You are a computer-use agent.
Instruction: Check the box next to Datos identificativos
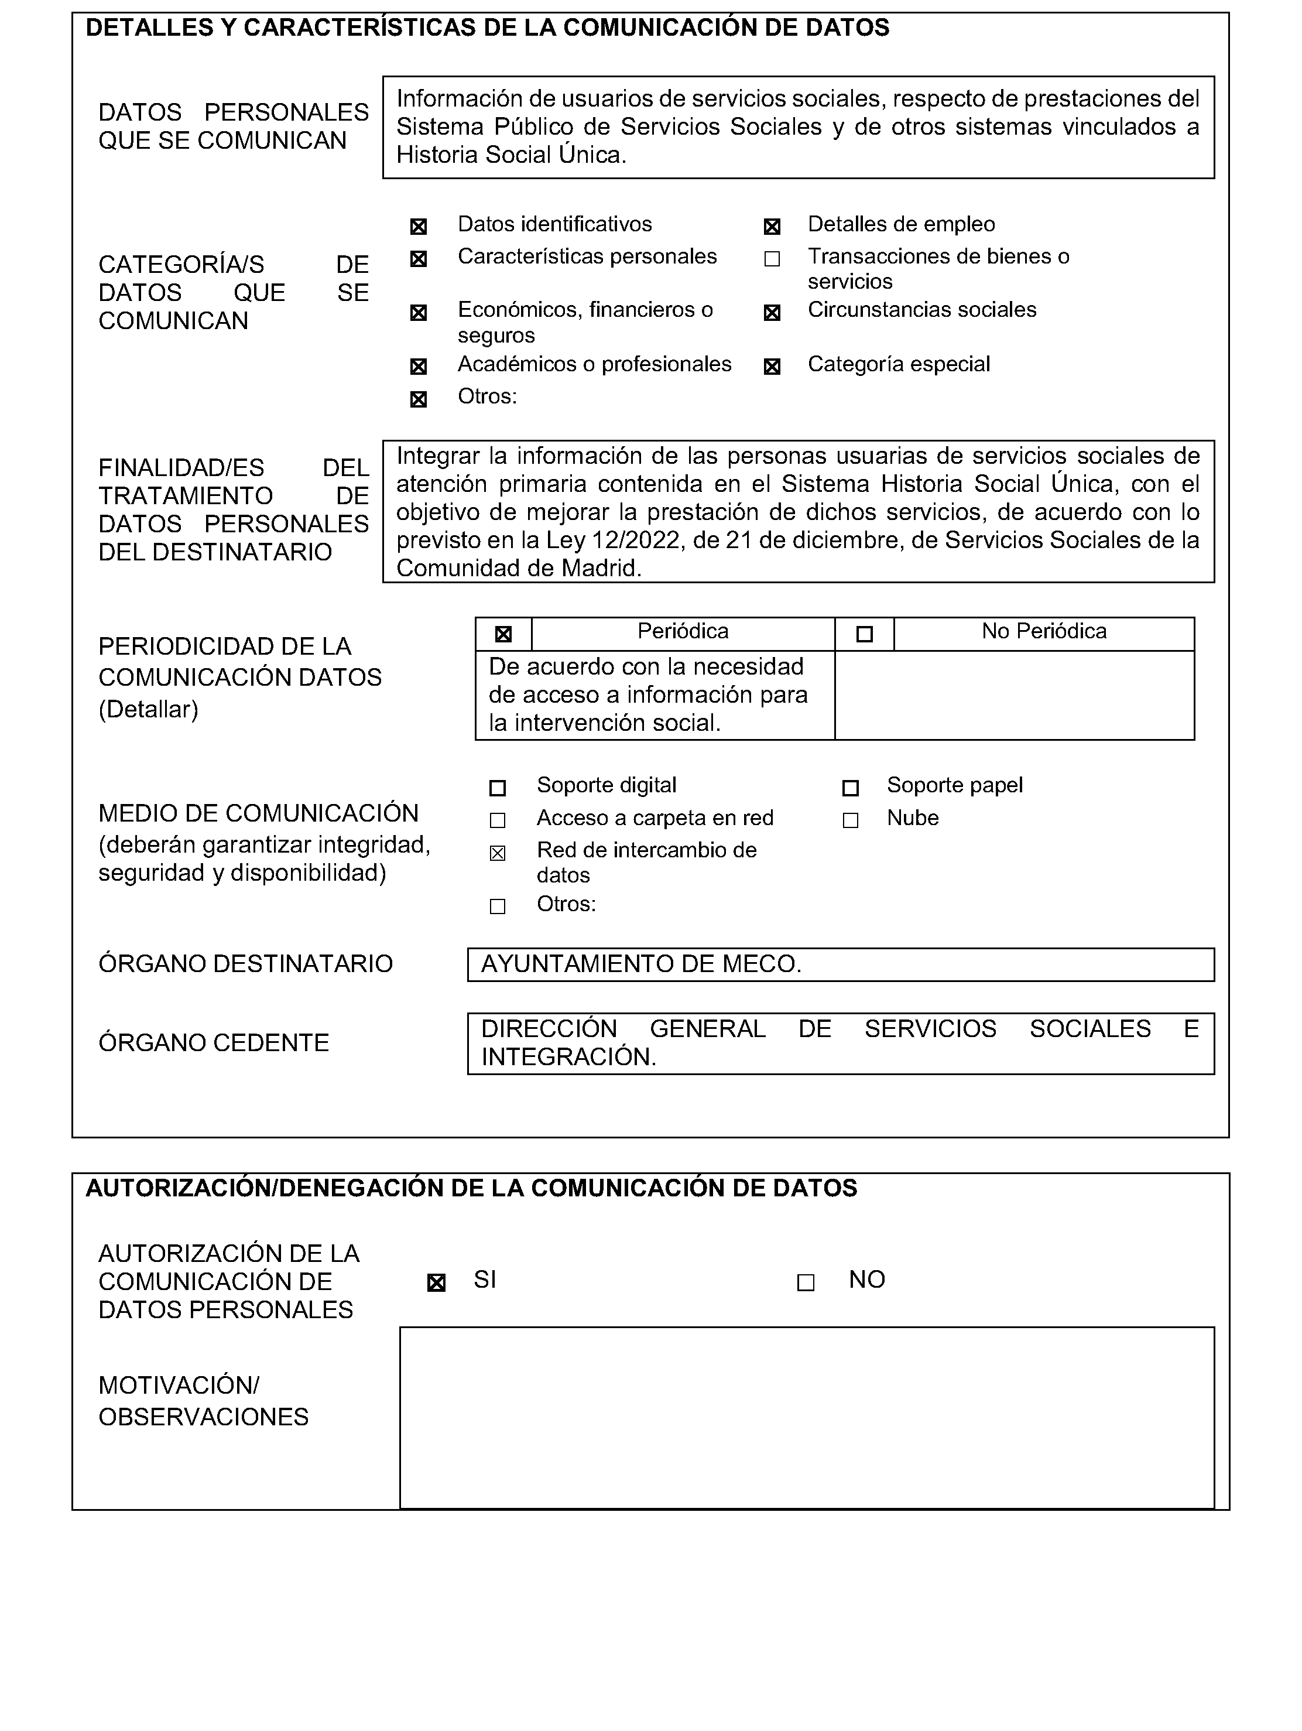point(419,227)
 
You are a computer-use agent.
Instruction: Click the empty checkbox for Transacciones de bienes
point(772,259)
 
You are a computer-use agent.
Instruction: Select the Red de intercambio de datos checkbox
point(498,854)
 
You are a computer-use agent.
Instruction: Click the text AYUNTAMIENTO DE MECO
point(641,964)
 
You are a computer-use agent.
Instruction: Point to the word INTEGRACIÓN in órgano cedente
point(568,1057)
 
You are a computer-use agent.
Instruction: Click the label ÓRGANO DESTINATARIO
point(245,964)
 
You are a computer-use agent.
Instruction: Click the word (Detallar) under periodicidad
point(148,710)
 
